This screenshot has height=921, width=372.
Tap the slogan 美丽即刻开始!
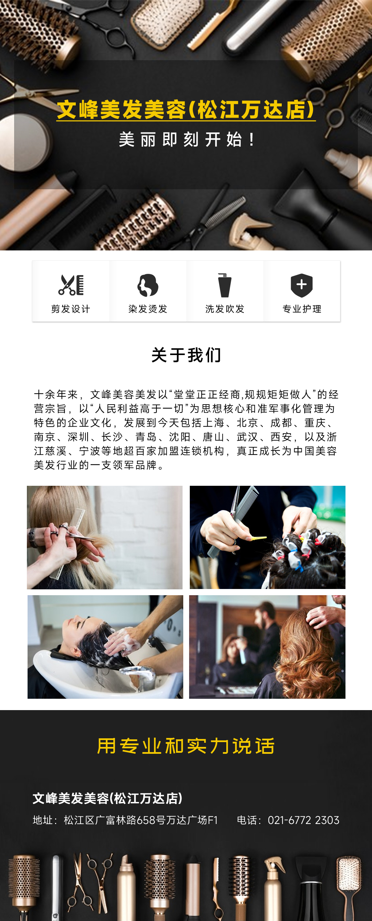click(x=187, y=139)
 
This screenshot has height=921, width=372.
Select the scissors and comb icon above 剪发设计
click(x=71, y=285)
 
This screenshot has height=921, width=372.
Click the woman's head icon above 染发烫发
click(x=148, y=285)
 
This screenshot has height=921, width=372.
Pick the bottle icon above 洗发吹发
click(x=225, y=285)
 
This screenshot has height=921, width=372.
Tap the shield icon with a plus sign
click(x=301, y=285)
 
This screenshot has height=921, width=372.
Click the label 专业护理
click(x=302, y=309)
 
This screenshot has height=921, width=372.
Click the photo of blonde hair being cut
click(x=105, y=537)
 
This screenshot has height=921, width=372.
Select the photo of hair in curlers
click(x=267, y=537)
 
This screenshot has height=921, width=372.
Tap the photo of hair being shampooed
click(x=105, y=647)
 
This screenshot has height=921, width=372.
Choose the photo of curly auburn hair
click(x=267, y=647)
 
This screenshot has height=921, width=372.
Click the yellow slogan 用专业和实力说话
click(x=186, y=746)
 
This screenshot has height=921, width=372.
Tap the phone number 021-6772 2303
click(x=303, y=820)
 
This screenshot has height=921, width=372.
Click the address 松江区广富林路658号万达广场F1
click(x=141, y=820)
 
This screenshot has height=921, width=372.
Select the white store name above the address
click(x=107, y=798)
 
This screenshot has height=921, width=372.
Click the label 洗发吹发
click(x=225, y=309)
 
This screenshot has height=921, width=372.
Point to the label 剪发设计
click(x=71, y=309)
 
